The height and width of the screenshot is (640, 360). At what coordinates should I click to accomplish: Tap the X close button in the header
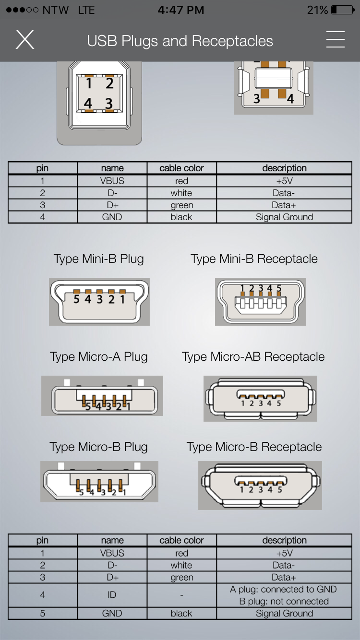[25, 39]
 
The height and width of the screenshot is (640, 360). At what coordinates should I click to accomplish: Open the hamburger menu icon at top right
[336, 39]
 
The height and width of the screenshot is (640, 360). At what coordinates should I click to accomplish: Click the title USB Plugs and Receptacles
[180, 41]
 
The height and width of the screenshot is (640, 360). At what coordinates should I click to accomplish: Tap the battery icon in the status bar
[343, 10]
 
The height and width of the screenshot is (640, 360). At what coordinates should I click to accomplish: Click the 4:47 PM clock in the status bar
[180, 10]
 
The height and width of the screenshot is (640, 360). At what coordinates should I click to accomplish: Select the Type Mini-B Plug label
[99, 259]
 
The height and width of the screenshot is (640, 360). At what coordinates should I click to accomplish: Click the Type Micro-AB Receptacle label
[253, 357]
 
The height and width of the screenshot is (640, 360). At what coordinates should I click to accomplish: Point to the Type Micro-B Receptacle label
[254, 447]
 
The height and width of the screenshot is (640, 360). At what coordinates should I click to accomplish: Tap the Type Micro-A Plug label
[99, 357]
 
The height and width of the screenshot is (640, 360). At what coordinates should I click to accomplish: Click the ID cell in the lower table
[112, 595]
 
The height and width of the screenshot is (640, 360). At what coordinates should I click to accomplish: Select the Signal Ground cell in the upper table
[284, 217]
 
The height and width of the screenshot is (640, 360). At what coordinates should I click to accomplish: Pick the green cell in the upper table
[181, 205]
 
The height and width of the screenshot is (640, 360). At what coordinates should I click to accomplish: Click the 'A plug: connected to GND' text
[283, 589]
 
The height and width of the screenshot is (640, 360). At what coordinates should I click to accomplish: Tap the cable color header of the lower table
[181, 540]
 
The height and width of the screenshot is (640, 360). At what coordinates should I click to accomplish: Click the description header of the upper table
[284, 168]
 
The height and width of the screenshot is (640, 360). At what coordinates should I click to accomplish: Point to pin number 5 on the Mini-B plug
[76, 299]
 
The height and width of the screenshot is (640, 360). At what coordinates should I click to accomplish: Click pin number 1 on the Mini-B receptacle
[242, 288]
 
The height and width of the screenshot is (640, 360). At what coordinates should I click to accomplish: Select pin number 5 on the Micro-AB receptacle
[279, 403]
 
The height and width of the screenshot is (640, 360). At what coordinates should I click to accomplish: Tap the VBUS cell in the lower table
[112, 554]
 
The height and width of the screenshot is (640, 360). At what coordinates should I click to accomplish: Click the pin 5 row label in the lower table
[42, 614]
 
